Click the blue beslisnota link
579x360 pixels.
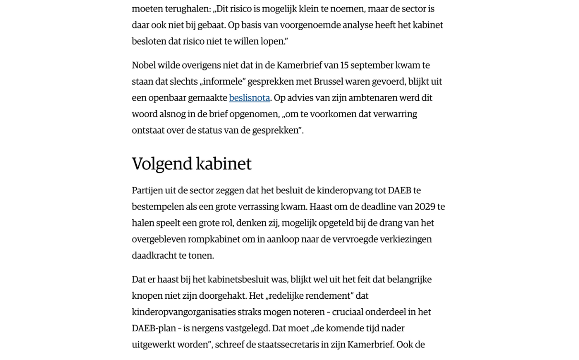[x=249, y=98]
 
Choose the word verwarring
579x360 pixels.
[x=396, y=114]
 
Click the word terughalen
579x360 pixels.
[x=186, y=9]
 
